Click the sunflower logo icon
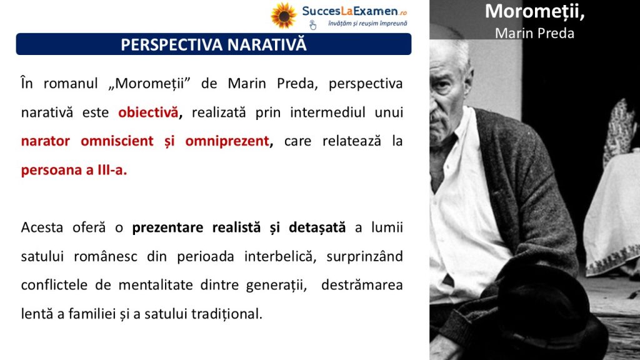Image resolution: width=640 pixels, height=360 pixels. click(x=284, y=16)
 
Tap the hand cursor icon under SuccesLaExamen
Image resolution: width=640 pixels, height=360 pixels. click(x=312, y=25)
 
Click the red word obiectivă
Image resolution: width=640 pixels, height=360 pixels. click(x=148, y=112)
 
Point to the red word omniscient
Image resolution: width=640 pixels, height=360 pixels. click(x=117, y=141)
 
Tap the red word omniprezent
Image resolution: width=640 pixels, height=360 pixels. click(x=227, y=141)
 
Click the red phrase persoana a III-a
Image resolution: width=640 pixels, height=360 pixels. click(x=74, y=170)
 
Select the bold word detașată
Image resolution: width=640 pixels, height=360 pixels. click(x=317, y=227)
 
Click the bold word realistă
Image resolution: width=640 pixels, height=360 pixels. click(x=236, y=227)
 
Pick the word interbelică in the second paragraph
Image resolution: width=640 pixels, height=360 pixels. click(x=280, y=256)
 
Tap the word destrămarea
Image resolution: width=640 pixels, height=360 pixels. click(x=362, y=284)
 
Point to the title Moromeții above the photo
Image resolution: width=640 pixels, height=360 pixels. click(x=535, y=11)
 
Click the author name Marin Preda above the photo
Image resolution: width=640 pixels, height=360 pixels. click(x=535, y=33)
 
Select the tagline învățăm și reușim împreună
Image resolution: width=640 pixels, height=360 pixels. click(x=367, y=24)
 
